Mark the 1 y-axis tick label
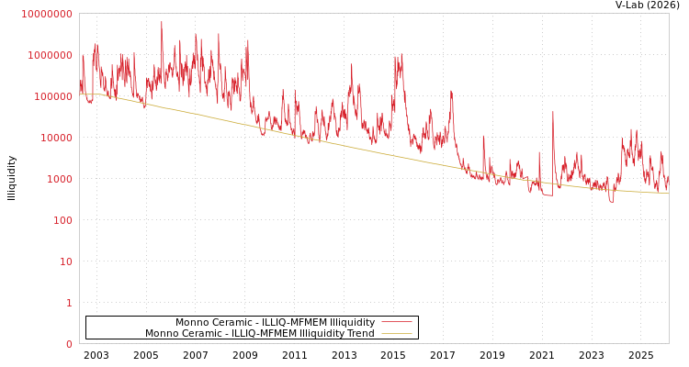pos(68,303)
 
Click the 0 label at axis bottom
pos(68,344)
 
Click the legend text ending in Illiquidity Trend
pos(259,334)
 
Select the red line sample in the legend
pos(396,322)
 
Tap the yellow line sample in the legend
pos(396,334)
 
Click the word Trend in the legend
pos(360,334)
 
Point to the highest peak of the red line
pos(162,22)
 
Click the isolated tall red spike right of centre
pos(553,113)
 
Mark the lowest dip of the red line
pos(611,201)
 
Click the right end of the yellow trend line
pos(668,194)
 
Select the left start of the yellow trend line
pos(81,94)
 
